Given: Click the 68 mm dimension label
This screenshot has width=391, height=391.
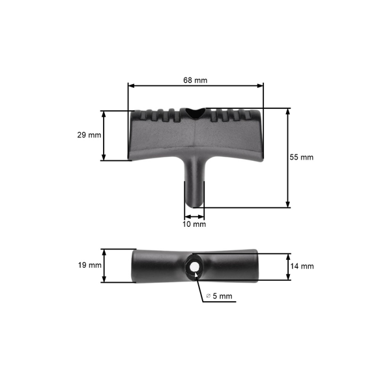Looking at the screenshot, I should click(x=195, y=80).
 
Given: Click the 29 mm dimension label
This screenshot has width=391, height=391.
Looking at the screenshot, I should click(x=89, y=135).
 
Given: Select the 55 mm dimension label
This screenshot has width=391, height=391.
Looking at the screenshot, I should click(x=302, y=157).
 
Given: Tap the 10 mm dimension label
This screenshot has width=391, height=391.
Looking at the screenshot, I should click(x=195, y=224).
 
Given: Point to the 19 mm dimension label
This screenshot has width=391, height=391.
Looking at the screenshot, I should click(x=89, y=265).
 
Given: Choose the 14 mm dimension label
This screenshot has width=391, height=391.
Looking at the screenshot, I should click(x=302, y=266).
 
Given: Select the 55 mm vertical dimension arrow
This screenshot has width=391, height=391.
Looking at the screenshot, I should click(x=287, y=158).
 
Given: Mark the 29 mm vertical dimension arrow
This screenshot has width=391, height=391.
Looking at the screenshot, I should click(x=104, y=135).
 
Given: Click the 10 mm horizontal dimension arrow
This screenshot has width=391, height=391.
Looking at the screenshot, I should click(x=195, y=215).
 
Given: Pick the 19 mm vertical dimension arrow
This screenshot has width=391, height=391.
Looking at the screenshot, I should click(x=104, y=265).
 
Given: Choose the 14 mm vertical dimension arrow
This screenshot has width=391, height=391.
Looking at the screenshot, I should click(x=287, y=266).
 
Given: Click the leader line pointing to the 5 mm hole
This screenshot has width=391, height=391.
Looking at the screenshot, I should click(x=201, y=287).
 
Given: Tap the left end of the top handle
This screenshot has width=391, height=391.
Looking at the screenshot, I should click(x=134, y=137).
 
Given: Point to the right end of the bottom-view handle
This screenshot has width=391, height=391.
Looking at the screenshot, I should click(x=254, y=266).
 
